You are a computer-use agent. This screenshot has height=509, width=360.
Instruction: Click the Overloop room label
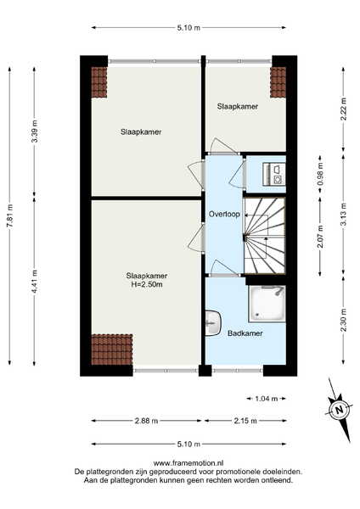coord(224,215)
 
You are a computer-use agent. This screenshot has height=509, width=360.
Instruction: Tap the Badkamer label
coord(245,333)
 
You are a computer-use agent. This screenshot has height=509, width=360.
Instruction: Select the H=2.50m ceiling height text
coord(147,285)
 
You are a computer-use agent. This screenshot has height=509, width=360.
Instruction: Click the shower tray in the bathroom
coord(267,304)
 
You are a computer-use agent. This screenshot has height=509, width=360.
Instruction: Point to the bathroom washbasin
coord(213,323)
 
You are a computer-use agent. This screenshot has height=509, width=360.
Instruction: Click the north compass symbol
coord(340,410)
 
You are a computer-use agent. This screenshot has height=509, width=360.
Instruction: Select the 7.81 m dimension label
coord(9,215)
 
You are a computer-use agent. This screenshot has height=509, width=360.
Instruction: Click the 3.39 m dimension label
coord(35,131)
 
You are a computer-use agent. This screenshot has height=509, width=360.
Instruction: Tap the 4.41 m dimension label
coord(35,282)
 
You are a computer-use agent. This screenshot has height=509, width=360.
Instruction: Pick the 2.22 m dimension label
coord(343,109)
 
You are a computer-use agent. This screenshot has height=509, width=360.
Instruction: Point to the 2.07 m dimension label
coord(320,237)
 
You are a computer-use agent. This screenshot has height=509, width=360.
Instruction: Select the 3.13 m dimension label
coord(343,215)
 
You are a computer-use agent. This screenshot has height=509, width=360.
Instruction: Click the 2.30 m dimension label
coord(343,320)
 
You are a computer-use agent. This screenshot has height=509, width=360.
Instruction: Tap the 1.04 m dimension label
coord(266,399)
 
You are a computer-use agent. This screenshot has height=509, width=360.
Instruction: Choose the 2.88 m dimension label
coord(146,421)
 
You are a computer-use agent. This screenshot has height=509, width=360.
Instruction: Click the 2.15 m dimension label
coord(245,421)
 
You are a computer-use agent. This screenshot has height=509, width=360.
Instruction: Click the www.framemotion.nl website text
coord(188,463)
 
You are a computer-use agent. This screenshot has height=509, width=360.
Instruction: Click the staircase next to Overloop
coord(264,236)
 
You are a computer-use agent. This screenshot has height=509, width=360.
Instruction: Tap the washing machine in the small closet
coord(274,174)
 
